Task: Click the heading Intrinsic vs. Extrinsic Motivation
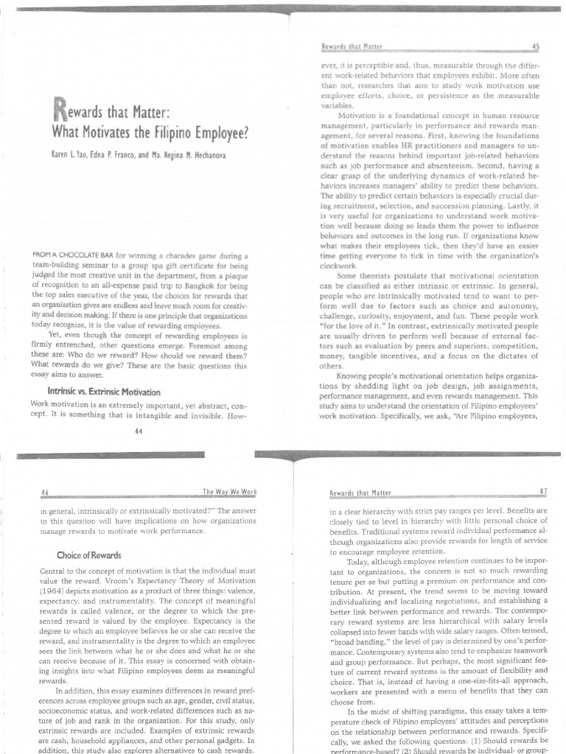103,391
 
